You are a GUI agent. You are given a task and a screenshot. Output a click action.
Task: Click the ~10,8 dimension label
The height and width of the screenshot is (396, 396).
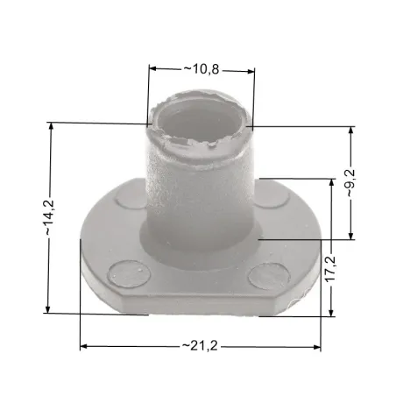[202, 69]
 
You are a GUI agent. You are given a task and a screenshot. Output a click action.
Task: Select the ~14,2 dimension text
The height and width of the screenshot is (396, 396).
[49, 217]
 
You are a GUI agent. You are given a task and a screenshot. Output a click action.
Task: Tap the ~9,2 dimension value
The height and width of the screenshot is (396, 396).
[350, 183]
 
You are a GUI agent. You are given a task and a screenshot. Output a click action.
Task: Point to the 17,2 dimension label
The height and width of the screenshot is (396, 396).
[331, 269]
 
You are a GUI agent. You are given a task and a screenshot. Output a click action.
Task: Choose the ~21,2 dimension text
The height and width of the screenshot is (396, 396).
[200, 346]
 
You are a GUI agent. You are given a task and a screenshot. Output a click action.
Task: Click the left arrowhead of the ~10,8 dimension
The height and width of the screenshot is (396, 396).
[153, 68]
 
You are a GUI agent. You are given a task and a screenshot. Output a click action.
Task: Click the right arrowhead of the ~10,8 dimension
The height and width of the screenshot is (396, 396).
[251, 71]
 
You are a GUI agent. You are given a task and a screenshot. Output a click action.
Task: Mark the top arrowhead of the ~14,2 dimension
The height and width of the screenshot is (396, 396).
[52, 126]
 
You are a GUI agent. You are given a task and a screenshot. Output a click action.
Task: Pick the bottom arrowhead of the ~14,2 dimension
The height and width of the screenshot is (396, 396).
[47, 309]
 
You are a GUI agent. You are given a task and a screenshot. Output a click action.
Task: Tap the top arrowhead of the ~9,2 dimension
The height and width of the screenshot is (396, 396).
[351, 131]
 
